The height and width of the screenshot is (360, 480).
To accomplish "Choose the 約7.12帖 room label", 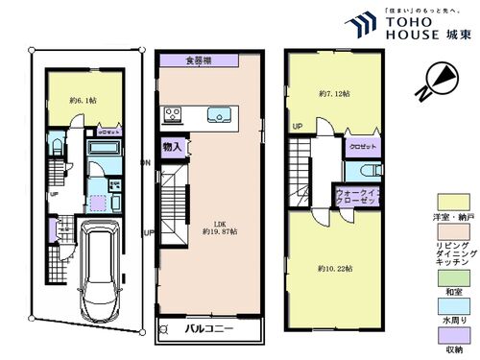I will click(333, 94).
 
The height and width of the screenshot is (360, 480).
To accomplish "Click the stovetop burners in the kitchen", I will click(173, 117).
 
